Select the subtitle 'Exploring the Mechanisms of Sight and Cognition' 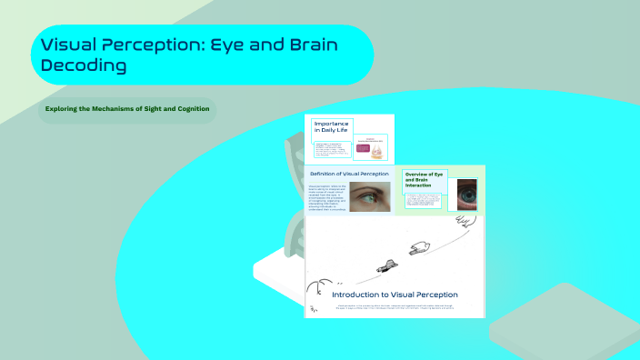128,109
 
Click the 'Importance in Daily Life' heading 331,126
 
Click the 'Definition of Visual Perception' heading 349,174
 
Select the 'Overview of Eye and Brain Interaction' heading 425,179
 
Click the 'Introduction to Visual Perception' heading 395,295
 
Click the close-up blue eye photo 466,194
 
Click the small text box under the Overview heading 424,200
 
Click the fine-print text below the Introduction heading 395,308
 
